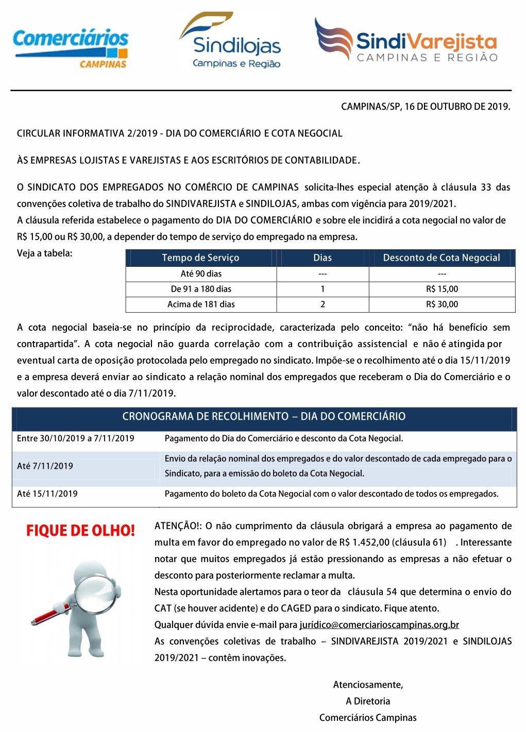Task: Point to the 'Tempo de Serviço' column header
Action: pos(200,258)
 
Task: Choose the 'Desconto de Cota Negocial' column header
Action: pos(442,258)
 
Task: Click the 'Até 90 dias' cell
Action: pos(201,274)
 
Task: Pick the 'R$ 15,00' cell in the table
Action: pos(442,289)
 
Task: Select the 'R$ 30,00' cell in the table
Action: pos(442,304)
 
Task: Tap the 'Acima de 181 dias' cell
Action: pos(201,304)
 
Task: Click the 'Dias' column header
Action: pos(323,258)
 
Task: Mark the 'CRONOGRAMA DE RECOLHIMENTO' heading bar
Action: pos(264,416)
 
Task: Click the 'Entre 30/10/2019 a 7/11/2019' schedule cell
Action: pos(76,438)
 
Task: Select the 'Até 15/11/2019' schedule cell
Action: pos(47,493)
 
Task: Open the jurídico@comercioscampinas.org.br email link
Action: pos(379,625)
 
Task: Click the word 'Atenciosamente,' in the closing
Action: pos(368,685)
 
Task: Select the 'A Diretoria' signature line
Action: pos(368,701)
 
